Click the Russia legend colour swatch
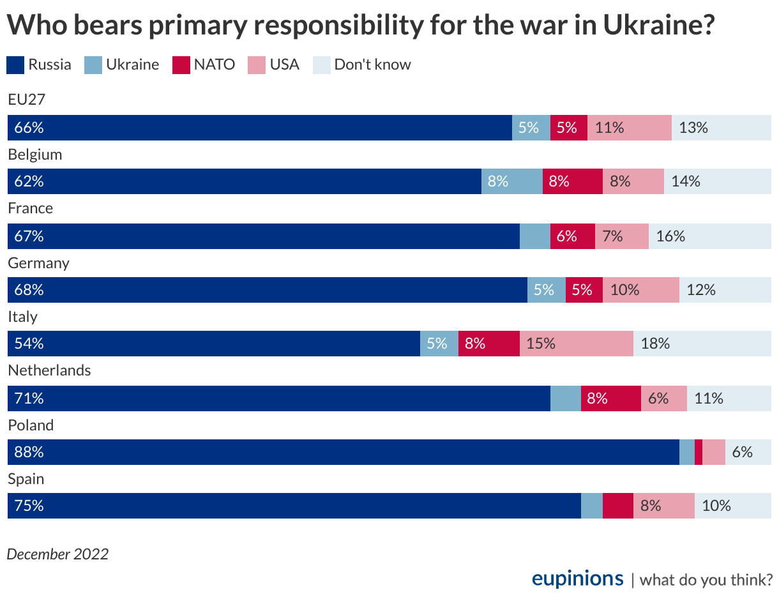coord(16,65)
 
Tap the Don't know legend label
coord(372,64)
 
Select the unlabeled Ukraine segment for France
coord(534,236)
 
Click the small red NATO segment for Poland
coord(698,452)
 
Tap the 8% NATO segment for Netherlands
coord(610,398)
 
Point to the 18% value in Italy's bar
coord(655,344)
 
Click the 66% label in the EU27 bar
coord(29,128)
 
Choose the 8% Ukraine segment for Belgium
coord(511,181)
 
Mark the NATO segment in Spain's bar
coord(617,506)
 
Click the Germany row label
coord(38,263)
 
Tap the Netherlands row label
coord(49,370)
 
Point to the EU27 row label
coord(26,100)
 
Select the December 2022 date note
coord(57,554)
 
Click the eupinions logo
coord(577,578)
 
